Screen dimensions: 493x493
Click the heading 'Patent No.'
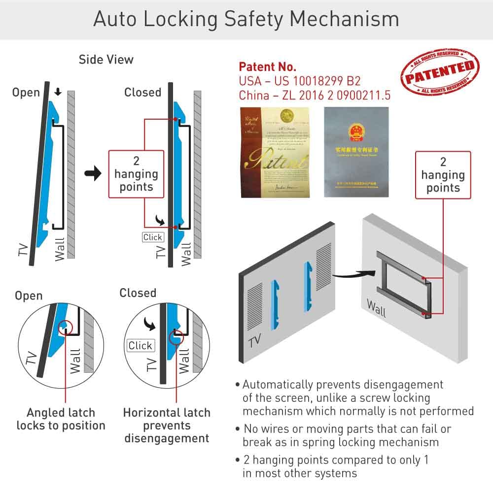[267, 67]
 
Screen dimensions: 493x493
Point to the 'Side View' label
[106, 60]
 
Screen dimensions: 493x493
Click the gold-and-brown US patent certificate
[275, 152]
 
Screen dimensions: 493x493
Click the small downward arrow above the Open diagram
[58, 92]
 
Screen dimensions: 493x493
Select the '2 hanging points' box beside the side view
[136, 174]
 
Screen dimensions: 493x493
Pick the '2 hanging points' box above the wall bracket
[443, 175]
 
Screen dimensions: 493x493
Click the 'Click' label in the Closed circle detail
[141, 346]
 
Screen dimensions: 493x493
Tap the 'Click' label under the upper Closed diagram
[152, 237]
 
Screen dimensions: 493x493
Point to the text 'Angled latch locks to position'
[61, 419]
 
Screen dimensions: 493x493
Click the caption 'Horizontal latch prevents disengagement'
[167, 425]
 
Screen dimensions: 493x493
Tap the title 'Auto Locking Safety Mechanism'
[246, 19]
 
